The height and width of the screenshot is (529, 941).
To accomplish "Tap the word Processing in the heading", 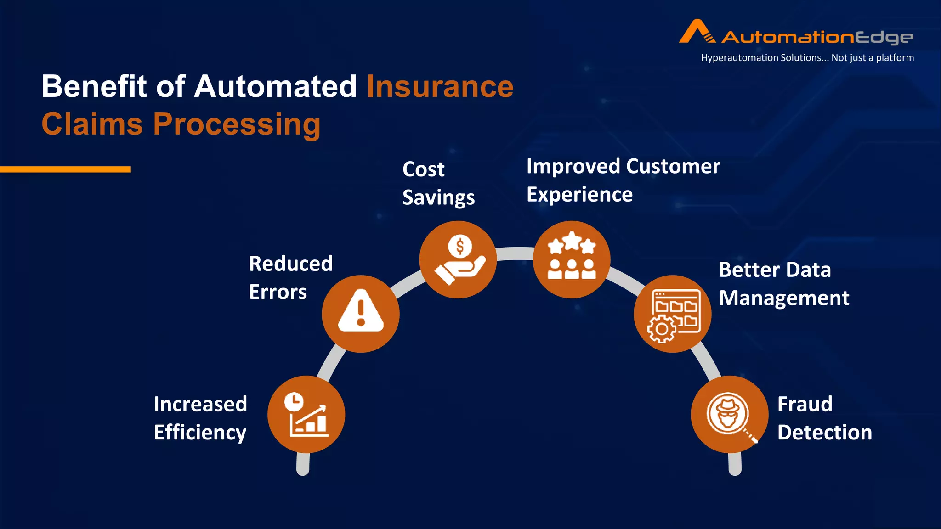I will pyautogui.click(x=237, y=124).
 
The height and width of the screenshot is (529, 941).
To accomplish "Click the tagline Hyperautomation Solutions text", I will pyautogui.click(x=807, y=58).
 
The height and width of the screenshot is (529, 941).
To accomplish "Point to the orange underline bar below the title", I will pyautogui.click(x=65, y=169).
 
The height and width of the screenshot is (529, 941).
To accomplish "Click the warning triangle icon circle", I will pyautogui.click(x=361, y=314).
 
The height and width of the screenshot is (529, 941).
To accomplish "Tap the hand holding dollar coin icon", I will pyautogui.click(x=458, y=260).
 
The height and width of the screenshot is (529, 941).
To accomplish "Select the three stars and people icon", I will pyautogui.click(x=572, y=259).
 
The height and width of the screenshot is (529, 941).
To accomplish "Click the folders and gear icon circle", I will pyautogui.click(x=673, y=314).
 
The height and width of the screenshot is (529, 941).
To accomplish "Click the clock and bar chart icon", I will pyautogui.click(x=306, y=414).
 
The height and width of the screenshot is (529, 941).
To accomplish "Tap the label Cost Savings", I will pyautogui.click(x=438, y=183).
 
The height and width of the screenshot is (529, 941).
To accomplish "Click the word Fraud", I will pyautogui.click(x=805, y=404).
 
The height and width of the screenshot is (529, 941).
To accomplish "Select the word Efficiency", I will pyautogui.click(x=200, y=433).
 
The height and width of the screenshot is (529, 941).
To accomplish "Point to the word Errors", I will pyautogui.click(x=278, y=292).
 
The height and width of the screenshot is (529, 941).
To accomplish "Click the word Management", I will pyautogui.click(x=784, y=298).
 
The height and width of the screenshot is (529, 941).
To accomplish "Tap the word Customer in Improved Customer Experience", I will pyautogui.click(x=673, y=166).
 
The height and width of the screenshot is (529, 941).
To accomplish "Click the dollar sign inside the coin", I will pyautogui.click(x=459, y=247).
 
